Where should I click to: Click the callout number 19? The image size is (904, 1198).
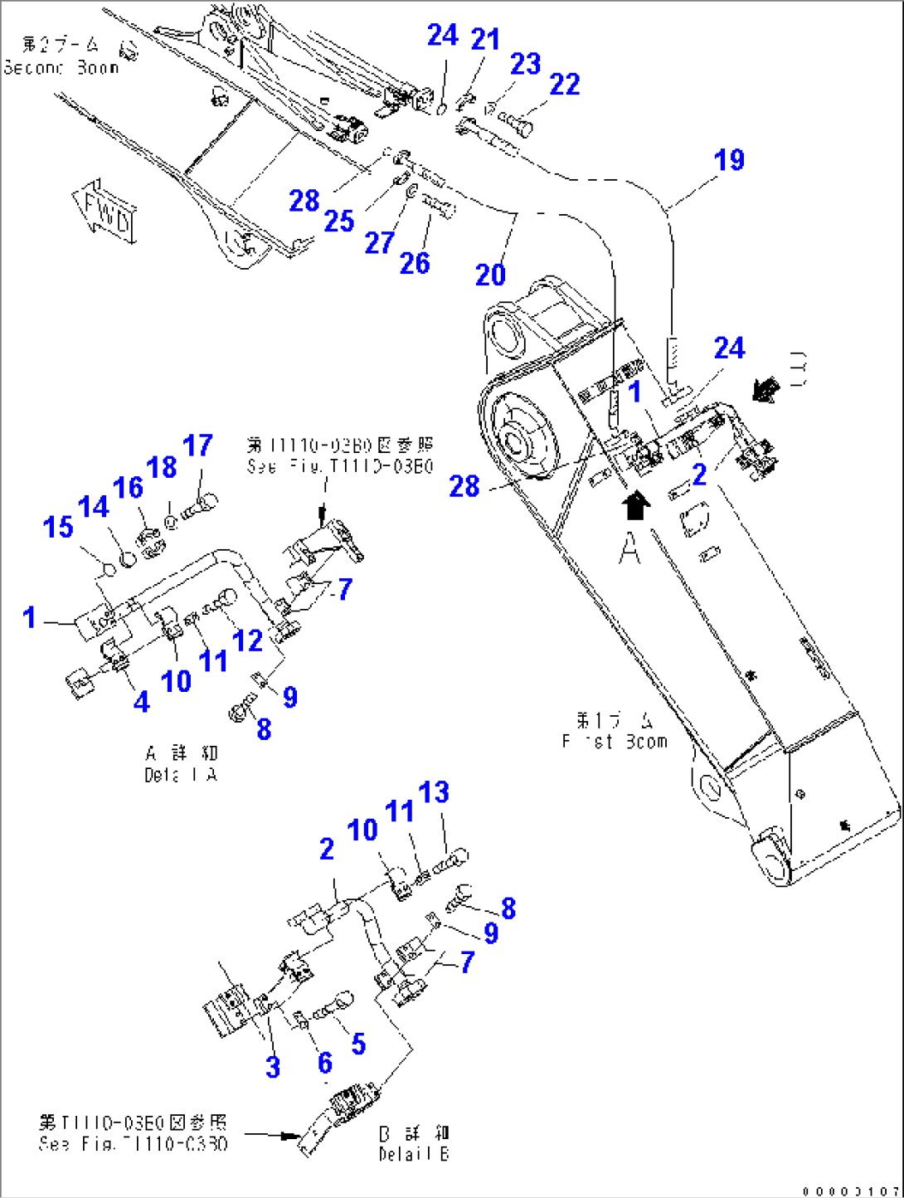[730, 160]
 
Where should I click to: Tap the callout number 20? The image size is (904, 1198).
[490, 275]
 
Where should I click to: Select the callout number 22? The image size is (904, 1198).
[565, 84]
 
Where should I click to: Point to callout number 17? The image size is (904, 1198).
[197, 446]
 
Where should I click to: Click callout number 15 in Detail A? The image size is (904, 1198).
[58, 527]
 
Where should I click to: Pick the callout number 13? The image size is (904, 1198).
[434, 792]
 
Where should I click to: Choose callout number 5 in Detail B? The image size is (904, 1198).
[358, 1044]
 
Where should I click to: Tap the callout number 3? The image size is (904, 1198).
[273, 1067]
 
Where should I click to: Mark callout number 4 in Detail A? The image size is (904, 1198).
[142, 702]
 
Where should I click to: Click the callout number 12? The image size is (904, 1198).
[247, 640]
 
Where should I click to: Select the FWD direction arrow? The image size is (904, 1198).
[105, 212]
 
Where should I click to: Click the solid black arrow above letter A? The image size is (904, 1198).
[635, 504]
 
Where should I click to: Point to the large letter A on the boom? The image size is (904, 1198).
[630, 548]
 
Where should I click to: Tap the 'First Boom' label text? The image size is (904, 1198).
[615, 731]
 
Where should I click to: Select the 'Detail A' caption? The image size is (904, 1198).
[181, 764]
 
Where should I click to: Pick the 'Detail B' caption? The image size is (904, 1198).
[414, 1143]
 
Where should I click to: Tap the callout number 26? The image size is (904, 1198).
[415, 263]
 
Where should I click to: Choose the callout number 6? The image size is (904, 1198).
[325, 1063]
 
